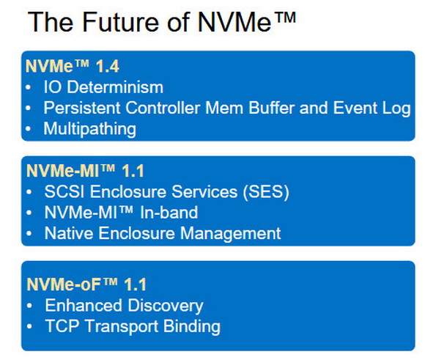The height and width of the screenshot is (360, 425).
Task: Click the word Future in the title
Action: (121, 22)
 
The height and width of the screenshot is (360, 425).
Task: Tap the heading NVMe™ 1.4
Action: (73, 66)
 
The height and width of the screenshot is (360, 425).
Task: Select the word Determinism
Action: (115, 87)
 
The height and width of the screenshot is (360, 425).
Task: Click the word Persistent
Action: (82, 108)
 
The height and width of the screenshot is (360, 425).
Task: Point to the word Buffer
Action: (271, 108)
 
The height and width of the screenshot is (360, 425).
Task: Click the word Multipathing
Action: (89, 129)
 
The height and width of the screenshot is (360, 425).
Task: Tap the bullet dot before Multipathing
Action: (28, 129)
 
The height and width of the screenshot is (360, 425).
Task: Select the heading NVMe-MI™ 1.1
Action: (85, 171)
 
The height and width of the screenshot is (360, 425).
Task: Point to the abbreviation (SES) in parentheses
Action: (266, 192)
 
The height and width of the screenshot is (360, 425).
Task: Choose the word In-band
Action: (169, 213)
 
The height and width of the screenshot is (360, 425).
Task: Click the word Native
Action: (69, 233)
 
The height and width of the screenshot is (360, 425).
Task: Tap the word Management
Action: (230, 234)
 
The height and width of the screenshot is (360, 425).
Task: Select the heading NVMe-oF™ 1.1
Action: (86, 284)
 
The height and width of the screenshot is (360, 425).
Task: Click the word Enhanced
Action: (84, 305)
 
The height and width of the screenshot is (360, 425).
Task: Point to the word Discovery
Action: (166, 306)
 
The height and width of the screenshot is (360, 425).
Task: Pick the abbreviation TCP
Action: (62, 326)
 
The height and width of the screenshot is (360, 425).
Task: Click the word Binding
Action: (192, 327)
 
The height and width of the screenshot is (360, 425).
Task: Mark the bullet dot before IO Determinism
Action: (28, 87)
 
